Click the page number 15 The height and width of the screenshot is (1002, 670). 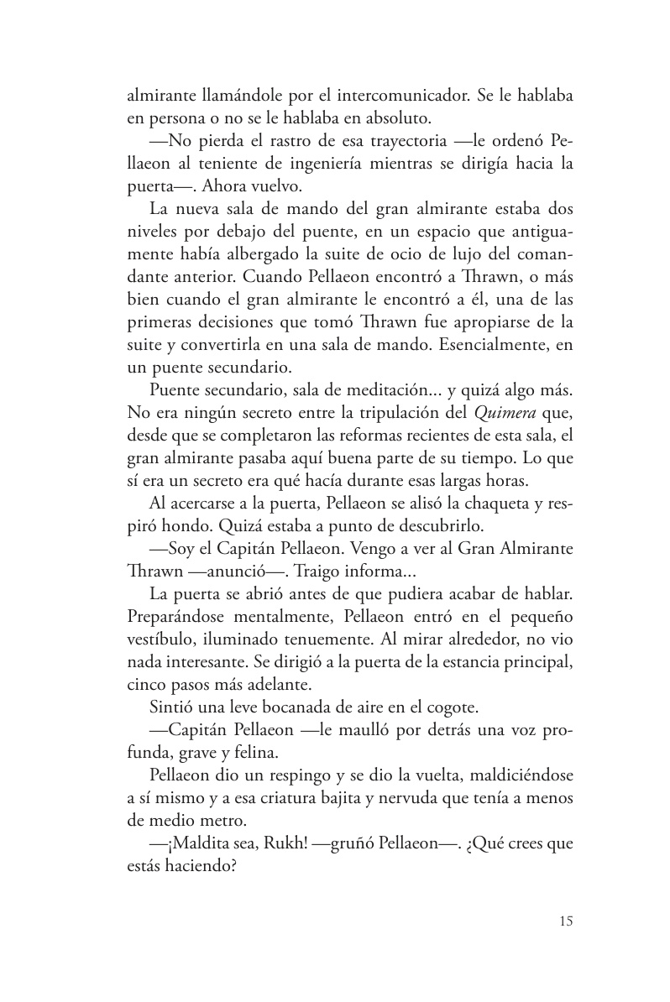point(565,921)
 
